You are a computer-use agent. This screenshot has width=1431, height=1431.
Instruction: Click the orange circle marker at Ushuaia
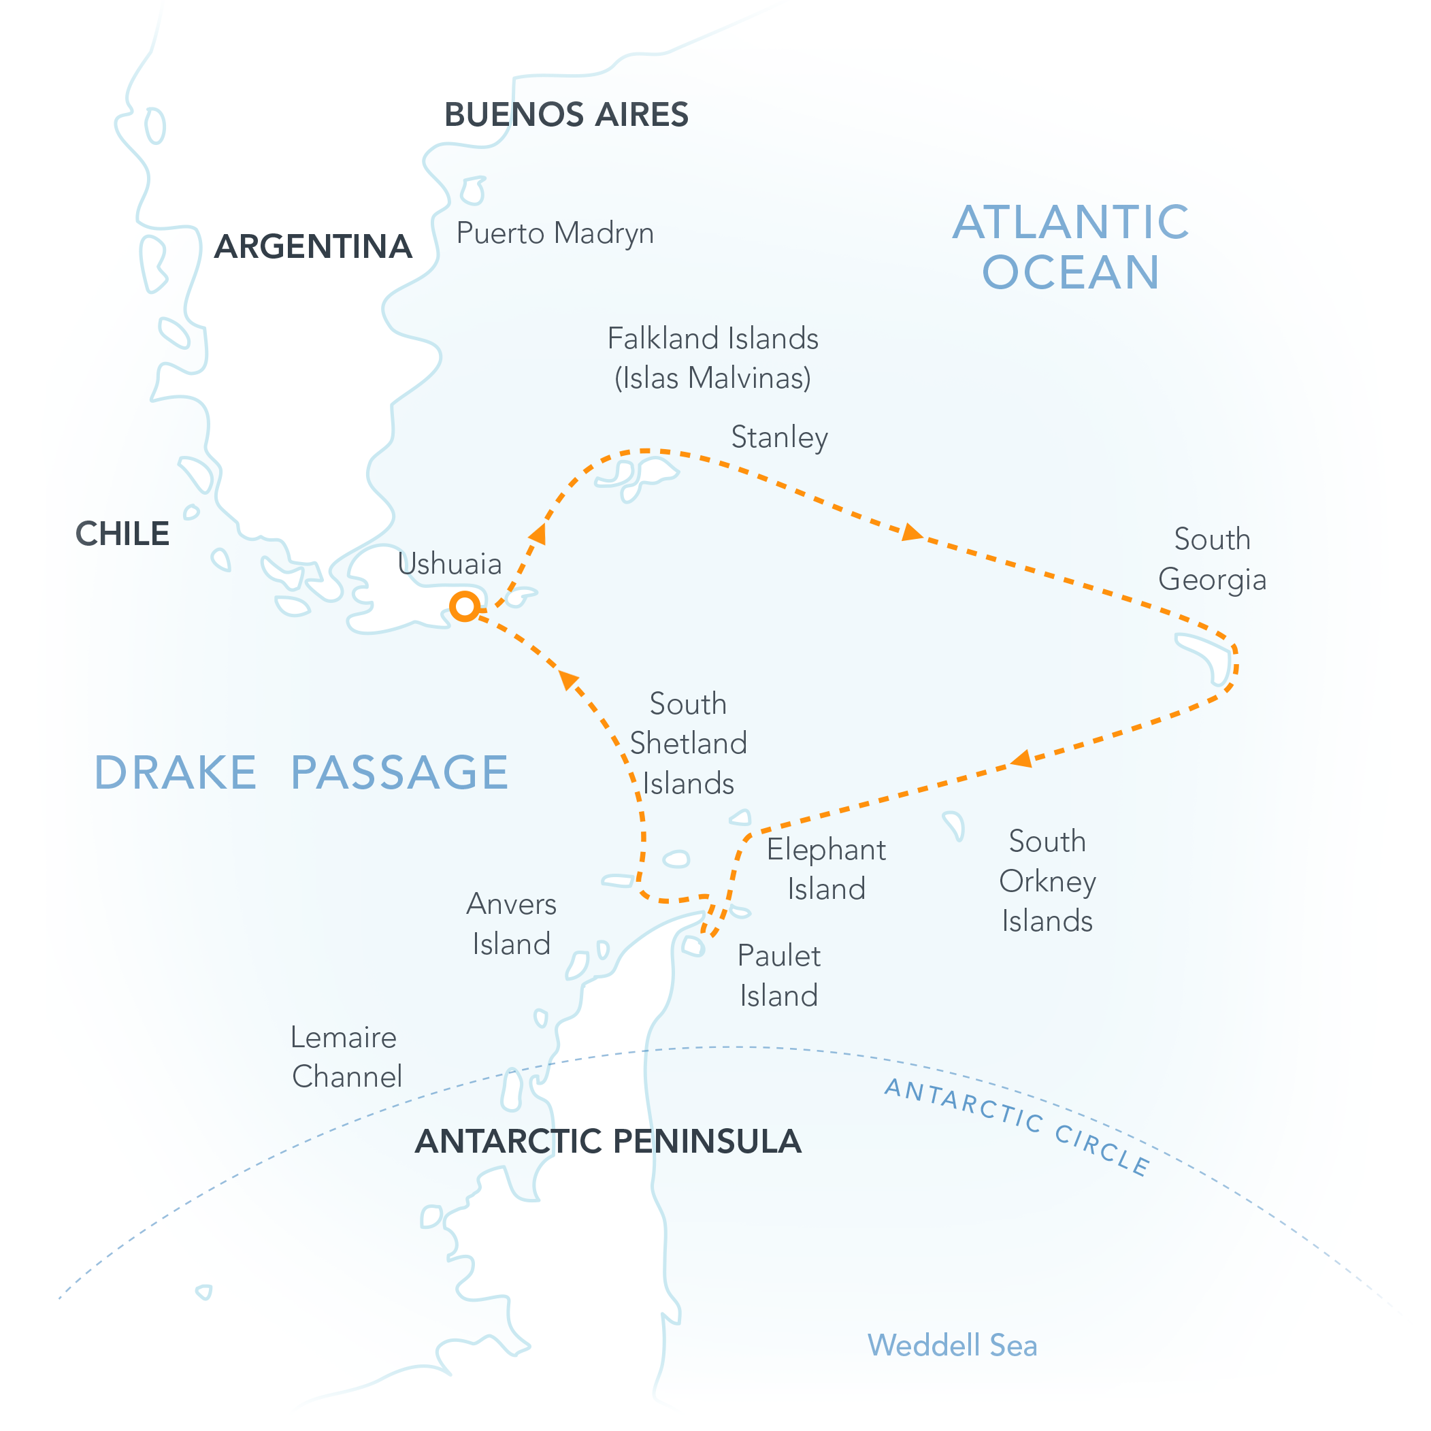tap(464, 606)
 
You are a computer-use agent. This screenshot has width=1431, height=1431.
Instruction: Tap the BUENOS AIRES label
tap(566, 115)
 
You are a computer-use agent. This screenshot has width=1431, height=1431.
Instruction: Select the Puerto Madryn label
tap(555, 233)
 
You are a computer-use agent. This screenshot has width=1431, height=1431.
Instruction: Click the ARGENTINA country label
tap(312, 246)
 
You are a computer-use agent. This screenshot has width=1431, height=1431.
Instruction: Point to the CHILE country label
tap(122, 534)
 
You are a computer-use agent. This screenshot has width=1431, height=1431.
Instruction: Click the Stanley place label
tap(778, 437)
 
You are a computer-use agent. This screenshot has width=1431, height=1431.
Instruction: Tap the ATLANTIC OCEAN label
tap(1070, 246)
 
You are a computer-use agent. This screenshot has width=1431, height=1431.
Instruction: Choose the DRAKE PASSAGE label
tap(301, 772)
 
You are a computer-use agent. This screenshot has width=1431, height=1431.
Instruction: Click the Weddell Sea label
tap(952, 1345)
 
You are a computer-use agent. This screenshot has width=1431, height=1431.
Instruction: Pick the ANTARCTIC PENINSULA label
tap(608, 1140)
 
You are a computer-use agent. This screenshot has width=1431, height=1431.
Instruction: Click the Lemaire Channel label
tap(346, 1057)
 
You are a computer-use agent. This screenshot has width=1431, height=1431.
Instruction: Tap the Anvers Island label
tap(511, 923)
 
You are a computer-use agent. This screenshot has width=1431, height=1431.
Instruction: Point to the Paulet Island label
tap(778, 976)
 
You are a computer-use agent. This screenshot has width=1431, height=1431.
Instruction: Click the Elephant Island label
tap(826, 869)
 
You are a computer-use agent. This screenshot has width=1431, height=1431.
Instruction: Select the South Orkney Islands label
tap(1047, 881)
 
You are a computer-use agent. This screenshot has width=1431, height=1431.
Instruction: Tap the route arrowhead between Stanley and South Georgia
tap(912, 532)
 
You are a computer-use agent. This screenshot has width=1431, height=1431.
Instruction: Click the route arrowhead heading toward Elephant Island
tap(1021, 759)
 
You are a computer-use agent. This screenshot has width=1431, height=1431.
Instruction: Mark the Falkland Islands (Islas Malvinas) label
tap(712, 358)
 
